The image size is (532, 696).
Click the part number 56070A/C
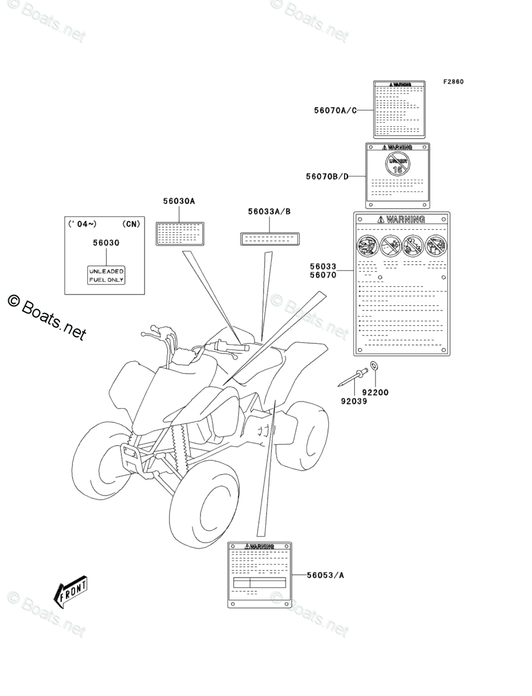335,110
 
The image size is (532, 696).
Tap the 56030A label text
179,202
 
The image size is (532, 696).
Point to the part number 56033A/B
270,212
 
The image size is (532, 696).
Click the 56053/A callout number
326,575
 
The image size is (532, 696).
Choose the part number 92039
353,401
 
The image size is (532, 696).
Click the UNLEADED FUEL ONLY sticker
107,275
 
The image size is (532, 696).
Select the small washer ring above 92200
374,365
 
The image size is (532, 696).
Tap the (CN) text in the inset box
131,224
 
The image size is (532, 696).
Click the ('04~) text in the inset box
82,224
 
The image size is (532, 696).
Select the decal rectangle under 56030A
180,234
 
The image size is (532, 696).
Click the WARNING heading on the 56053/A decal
259,546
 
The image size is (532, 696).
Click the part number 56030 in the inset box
106,243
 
